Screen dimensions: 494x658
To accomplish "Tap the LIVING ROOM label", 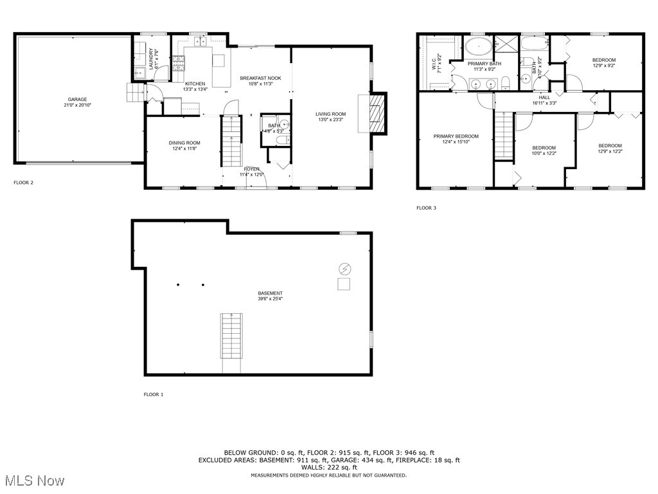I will point(332,114).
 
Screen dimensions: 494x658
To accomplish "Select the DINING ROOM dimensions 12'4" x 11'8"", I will point(184,149).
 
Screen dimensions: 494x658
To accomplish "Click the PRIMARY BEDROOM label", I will point(456,136).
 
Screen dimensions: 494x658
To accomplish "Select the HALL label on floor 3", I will point(544,97).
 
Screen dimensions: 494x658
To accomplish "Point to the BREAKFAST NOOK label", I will point(261,78).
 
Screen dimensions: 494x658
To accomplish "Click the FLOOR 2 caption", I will point(23,183).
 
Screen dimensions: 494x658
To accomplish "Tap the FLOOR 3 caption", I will point(426,208).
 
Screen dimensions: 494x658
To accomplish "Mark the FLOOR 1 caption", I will point(153,394).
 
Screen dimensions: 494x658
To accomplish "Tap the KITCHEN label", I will point(195,84).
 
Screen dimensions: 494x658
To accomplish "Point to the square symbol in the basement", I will point(344,285).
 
